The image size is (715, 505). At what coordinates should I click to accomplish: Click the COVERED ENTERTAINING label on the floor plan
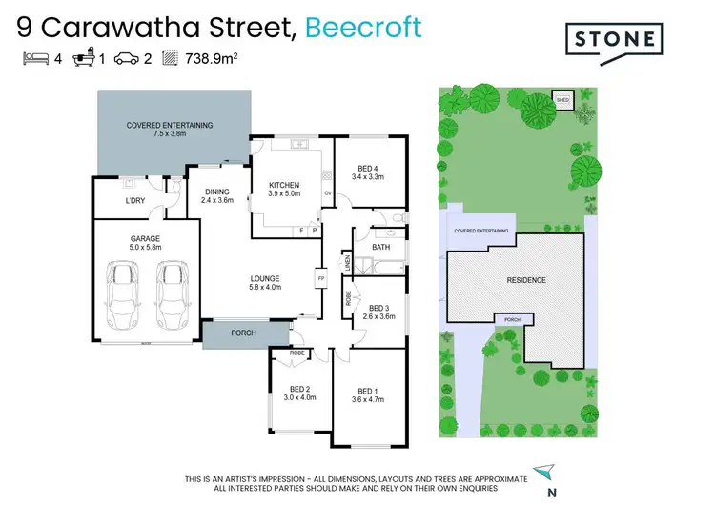pos(170,125)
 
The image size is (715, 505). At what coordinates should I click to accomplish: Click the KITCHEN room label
pos(284,185)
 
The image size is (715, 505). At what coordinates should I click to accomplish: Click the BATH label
pos(381,248)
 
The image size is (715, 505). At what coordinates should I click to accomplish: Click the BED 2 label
pos(299,389)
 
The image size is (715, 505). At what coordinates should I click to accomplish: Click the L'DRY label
pos(135,201)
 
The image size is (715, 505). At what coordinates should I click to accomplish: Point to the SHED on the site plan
pos(562,99)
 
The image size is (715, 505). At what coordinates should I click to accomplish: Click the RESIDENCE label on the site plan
pos(525,280)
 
